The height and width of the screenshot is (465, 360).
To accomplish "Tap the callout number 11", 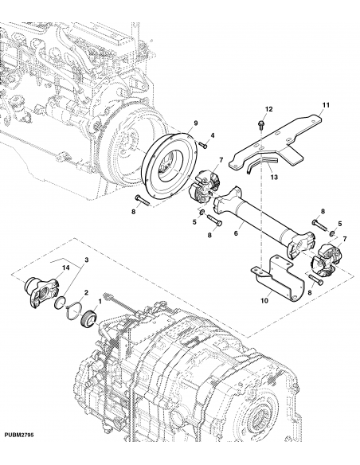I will point(325,105).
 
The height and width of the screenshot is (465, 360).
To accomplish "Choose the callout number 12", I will point(268,108).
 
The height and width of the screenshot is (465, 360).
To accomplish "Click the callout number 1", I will point(98,302).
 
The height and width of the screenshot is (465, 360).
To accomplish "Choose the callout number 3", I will point(87,261).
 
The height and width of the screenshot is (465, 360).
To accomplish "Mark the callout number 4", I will point(213,138).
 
